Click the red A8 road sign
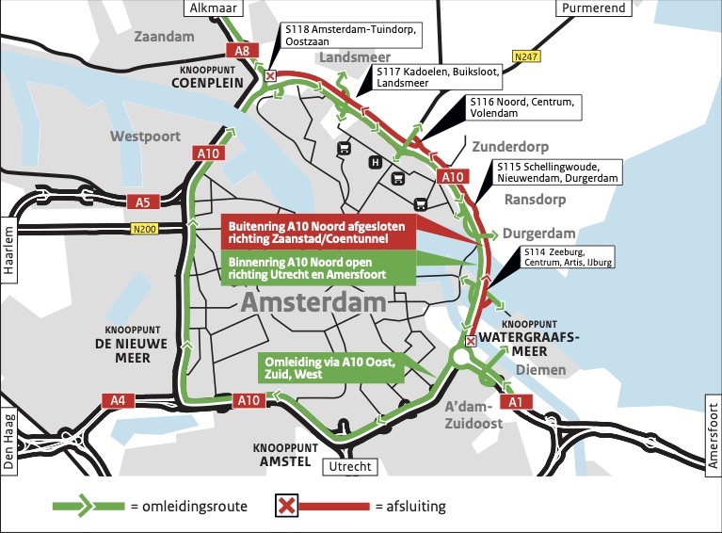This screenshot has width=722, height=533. pos(240,51)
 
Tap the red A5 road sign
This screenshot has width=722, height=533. pos(143,202)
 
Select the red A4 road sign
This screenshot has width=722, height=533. pos(116,400)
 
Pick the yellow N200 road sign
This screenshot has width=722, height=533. pos(145,229)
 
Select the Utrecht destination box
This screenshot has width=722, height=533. pos(350,467)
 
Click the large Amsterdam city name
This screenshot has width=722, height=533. pos(313,302)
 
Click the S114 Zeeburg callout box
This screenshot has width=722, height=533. pos(568,257)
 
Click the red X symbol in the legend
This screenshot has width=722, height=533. pos(286,506)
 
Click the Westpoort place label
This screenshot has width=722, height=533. pos(146,137)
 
